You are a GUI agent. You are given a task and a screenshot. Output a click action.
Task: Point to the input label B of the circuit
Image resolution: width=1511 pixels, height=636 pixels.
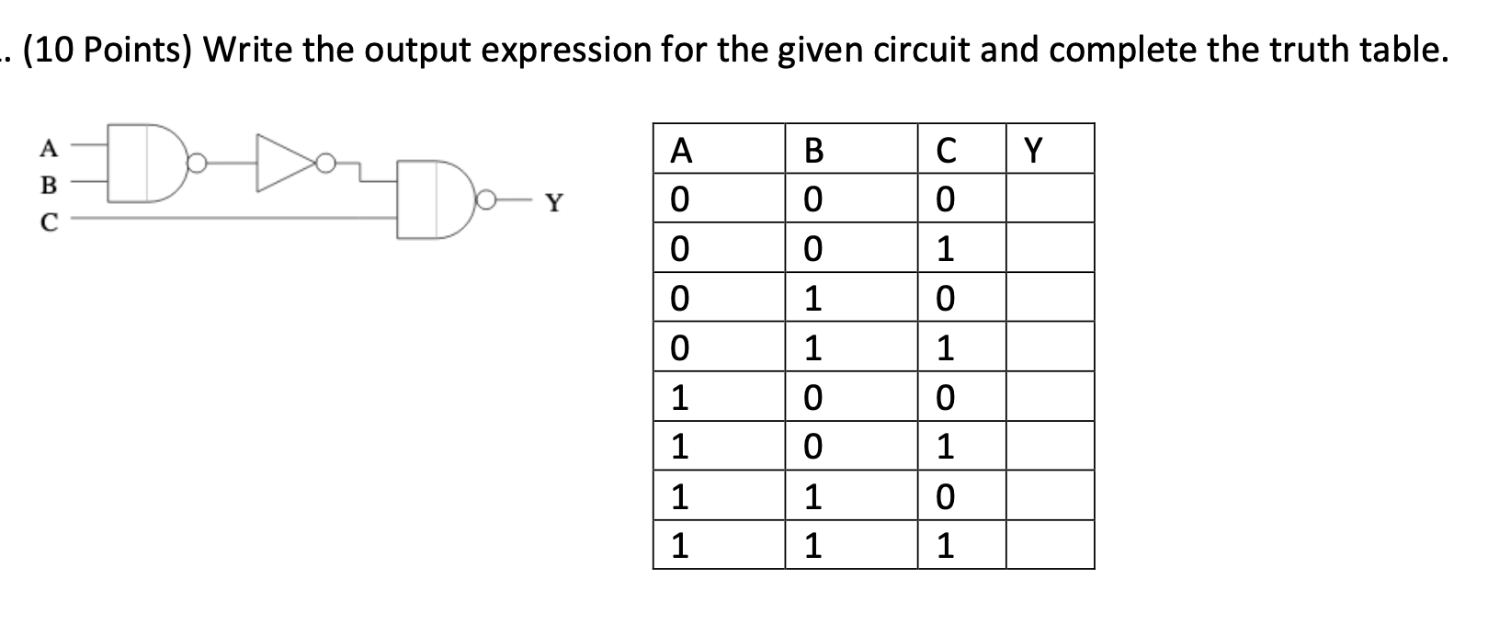(49, 185)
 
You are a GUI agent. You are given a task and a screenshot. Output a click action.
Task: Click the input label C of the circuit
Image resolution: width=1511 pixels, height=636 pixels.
(49, 221)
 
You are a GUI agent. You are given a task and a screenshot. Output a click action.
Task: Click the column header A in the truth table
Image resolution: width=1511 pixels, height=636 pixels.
(680, 150)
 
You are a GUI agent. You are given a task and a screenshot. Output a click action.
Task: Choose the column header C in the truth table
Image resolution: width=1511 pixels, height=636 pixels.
(945, 150)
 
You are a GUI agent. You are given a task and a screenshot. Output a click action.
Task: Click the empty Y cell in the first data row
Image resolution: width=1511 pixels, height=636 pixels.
(1050, 199)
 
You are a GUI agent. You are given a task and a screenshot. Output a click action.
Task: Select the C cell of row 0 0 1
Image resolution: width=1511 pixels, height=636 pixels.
(945, 248)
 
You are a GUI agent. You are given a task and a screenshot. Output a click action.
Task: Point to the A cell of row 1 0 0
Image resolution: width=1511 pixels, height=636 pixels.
(680, 397)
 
